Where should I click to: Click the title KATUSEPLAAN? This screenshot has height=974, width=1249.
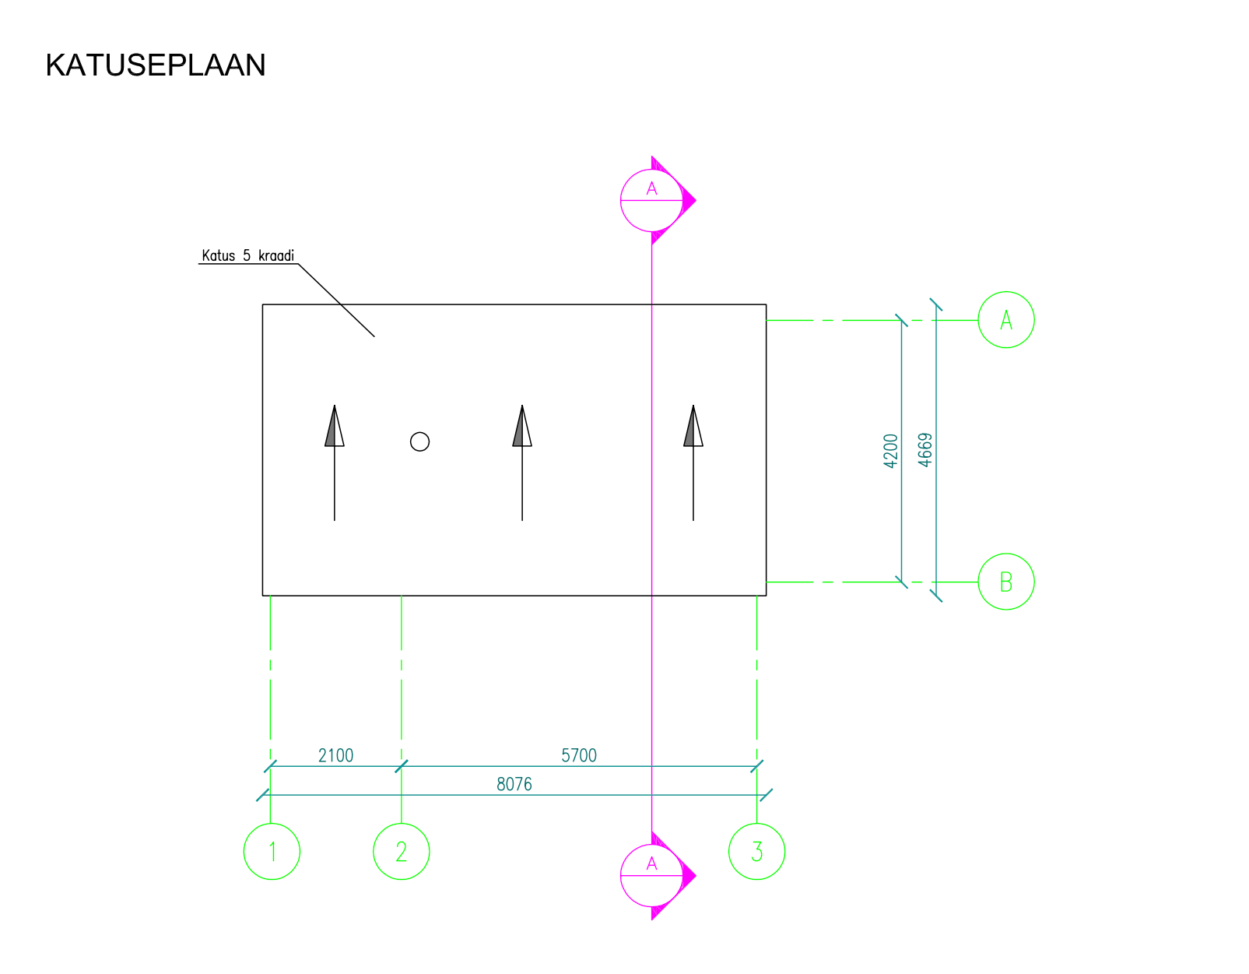[x=156, y=65]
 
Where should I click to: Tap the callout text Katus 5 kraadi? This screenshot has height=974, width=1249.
[x=247, y=255]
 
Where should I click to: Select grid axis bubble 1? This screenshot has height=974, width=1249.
[x=272, y=851]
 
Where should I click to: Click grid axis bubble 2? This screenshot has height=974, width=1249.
[x=402, y=851]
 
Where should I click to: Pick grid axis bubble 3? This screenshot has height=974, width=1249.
[x=756, y=851]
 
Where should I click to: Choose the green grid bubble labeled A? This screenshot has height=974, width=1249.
[x=1006, y=320]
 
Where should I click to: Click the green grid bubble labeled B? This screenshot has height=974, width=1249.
[x=1006, y=582]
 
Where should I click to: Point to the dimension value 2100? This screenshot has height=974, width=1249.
[x=335, y=755]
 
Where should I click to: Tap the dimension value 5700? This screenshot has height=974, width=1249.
[x=579, y=755]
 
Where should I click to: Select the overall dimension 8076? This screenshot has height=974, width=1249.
[x=514, y=784]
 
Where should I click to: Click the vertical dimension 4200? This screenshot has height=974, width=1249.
[x=891, y=451]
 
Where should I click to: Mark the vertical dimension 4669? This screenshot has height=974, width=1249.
[x=924, y=451]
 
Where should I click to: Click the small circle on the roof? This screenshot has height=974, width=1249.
[x=419, y=442]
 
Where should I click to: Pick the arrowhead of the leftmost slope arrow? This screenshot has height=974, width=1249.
[x=335, y=427]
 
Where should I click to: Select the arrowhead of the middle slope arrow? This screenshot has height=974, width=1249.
[x=522, y=427]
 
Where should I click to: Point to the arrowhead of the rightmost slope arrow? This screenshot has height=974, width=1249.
[x=693, y=427]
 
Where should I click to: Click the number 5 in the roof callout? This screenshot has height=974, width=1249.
[x=247, y=255]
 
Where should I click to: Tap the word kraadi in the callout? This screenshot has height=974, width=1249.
[x=276, y=255]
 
